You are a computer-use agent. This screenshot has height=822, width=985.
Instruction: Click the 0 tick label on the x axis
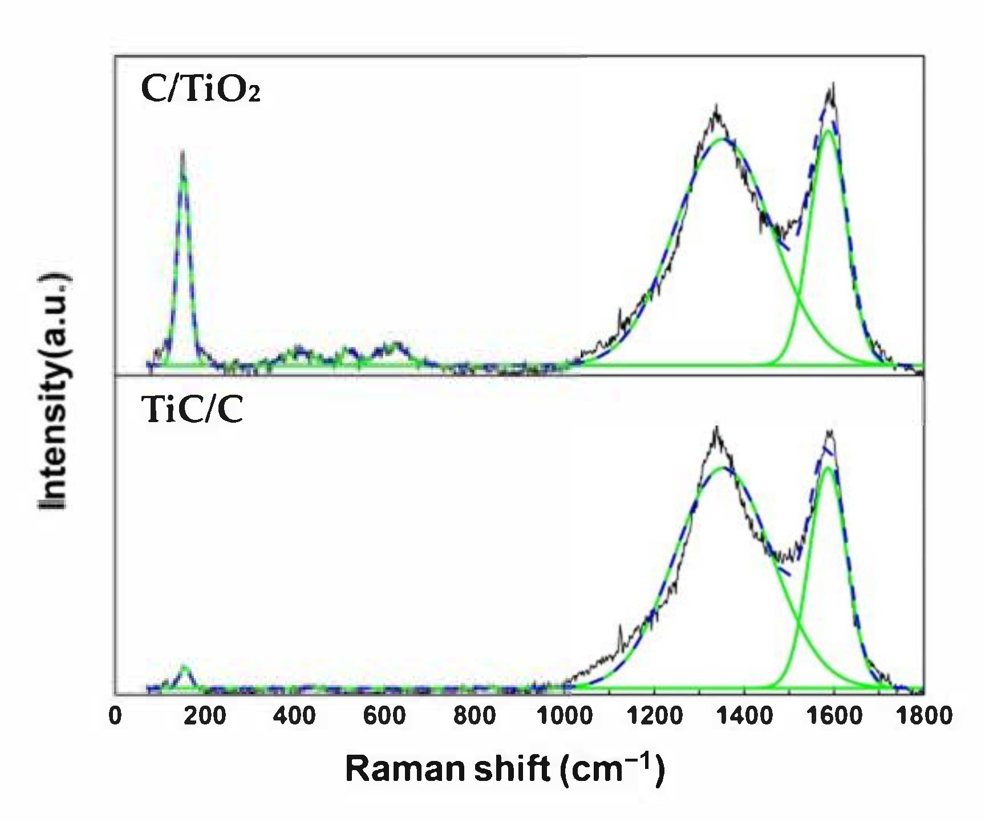[x=115, y=715]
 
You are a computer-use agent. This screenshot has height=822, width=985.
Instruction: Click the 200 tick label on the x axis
[x=205, y=715]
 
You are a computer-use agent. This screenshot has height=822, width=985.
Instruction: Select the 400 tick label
[x=294, y=715]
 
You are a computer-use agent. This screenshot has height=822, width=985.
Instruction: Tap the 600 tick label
[x=384, y=715]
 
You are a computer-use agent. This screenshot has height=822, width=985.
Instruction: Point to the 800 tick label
[x=474, y=715]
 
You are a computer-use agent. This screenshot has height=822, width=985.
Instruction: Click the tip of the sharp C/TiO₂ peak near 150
[x=183, y=152]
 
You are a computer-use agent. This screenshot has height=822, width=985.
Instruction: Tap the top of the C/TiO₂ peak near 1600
[x=833, y=84]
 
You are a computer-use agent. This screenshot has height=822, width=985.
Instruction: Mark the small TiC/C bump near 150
[x=184, y=666]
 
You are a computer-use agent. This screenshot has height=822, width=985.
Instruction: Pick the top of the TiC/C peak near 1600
[x=830, y=431]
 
